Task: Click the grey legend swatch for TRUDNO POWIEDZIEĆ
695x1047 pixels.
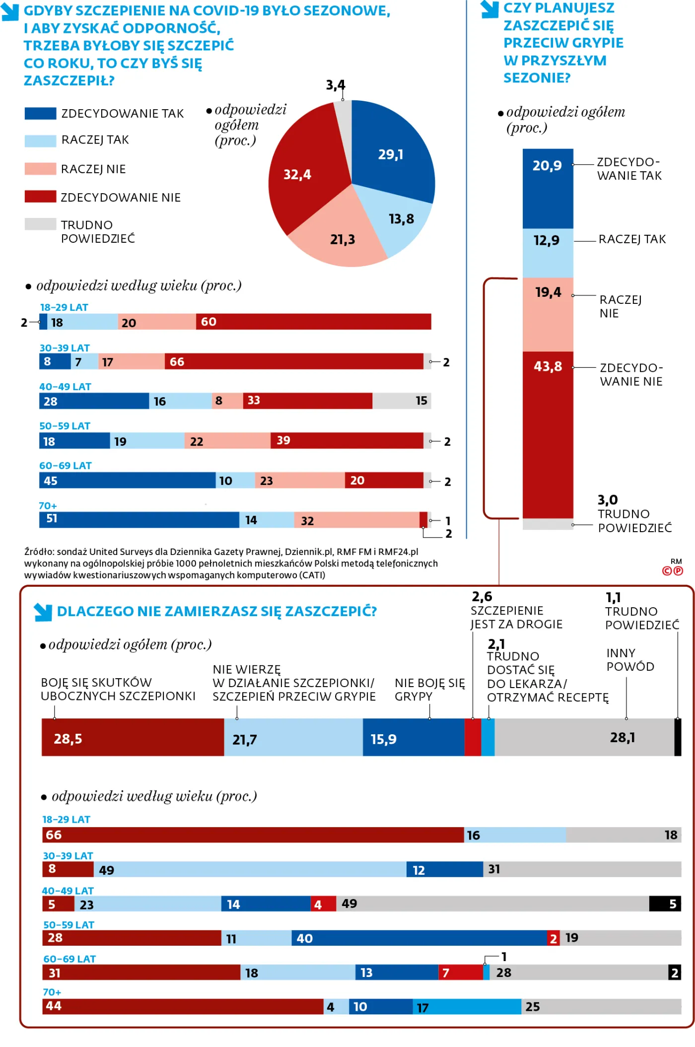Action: [40, 224]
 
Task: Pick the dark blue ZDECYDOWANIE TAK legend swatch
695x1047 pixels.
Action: [40, 113]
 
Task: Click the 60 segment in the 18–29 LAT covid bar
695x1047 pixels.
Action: [313, 322]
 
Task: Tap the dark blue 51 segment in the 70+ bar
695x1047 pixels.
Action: [139, 520]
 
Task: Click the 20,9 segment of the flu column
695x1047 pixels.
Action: [548, 189]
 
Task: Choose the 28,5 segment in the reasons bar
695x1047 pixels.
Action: [133, 737]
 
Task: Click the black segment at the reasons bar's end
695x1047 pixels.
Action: [678, 737]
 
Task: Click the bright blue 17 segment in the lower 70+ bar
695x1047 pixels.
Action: [467, 1007]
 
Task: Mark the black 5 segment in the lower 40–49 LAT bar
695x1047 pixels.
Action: [665, 904]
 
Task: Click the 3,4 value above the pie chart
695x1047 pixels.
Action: [336, 85]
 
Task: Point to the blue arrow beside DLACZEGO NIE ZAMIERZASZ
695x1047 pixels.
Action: [43, 612]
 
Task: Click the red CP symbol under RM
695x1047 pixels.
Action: [673, 571]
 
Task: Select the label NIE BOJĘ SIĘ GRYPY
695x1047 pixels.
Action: [429, 690]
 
